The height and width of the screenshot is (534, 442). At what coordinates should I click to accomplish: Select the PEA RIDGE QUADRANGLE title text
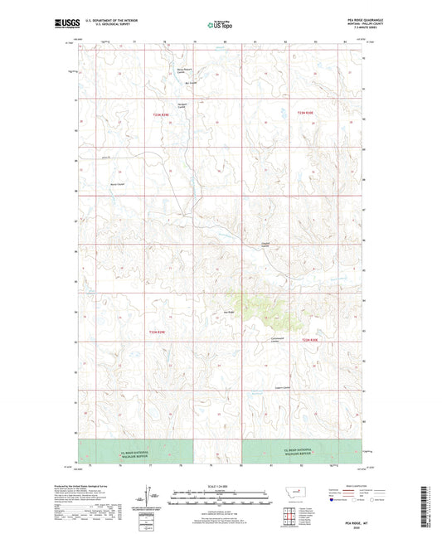click(x=344, y=21)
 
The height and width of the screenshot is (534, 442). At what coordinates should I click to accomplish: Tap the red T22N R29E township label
click(x=158, y=332)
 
